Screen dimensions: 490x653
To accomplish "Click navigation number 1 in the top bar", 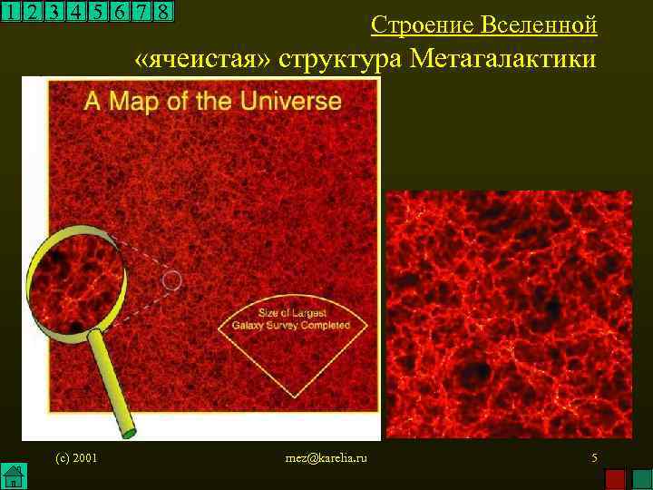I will (11, 13).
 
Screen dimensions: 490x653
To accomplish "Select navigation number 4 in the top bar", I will (77, 13).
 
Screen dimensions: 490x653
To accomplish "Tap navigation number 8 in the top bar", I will (163, 13).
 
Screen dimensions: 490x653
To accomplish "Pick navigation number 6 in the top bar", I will (121, 13).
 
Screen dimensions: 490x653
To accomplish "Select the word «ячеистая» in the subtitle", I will (203, 60).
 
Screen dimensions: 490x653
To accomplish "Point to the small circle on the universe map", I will (172, 280).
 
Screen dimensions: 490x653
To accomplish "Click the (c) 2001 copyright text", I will (76, 458).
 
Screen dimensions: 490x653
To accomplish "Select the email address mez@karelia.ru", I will (326, 458).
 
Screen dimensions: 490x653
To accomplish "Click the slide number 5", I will (594, 458).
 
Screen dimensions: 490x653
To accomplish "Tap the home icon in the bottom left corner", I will (12, 475).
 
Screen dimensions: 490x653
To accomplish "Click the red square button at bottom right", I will (615, 477).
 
